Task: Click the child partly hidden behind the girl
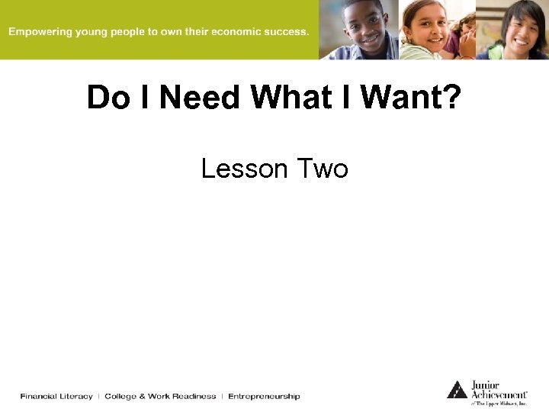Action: tap(463, 31)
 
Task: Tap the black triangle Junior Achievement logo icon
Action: tap(457, 389)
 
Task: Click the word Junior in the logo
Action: tap(486, 385)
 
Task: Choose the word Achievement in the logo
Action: tap(498, 394)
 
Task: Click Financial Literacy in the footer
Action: tap(56, 396)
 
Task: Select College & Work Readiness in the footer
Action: tap(160, 396)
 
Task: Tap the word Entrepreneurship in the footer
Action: tap(264, 396)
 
